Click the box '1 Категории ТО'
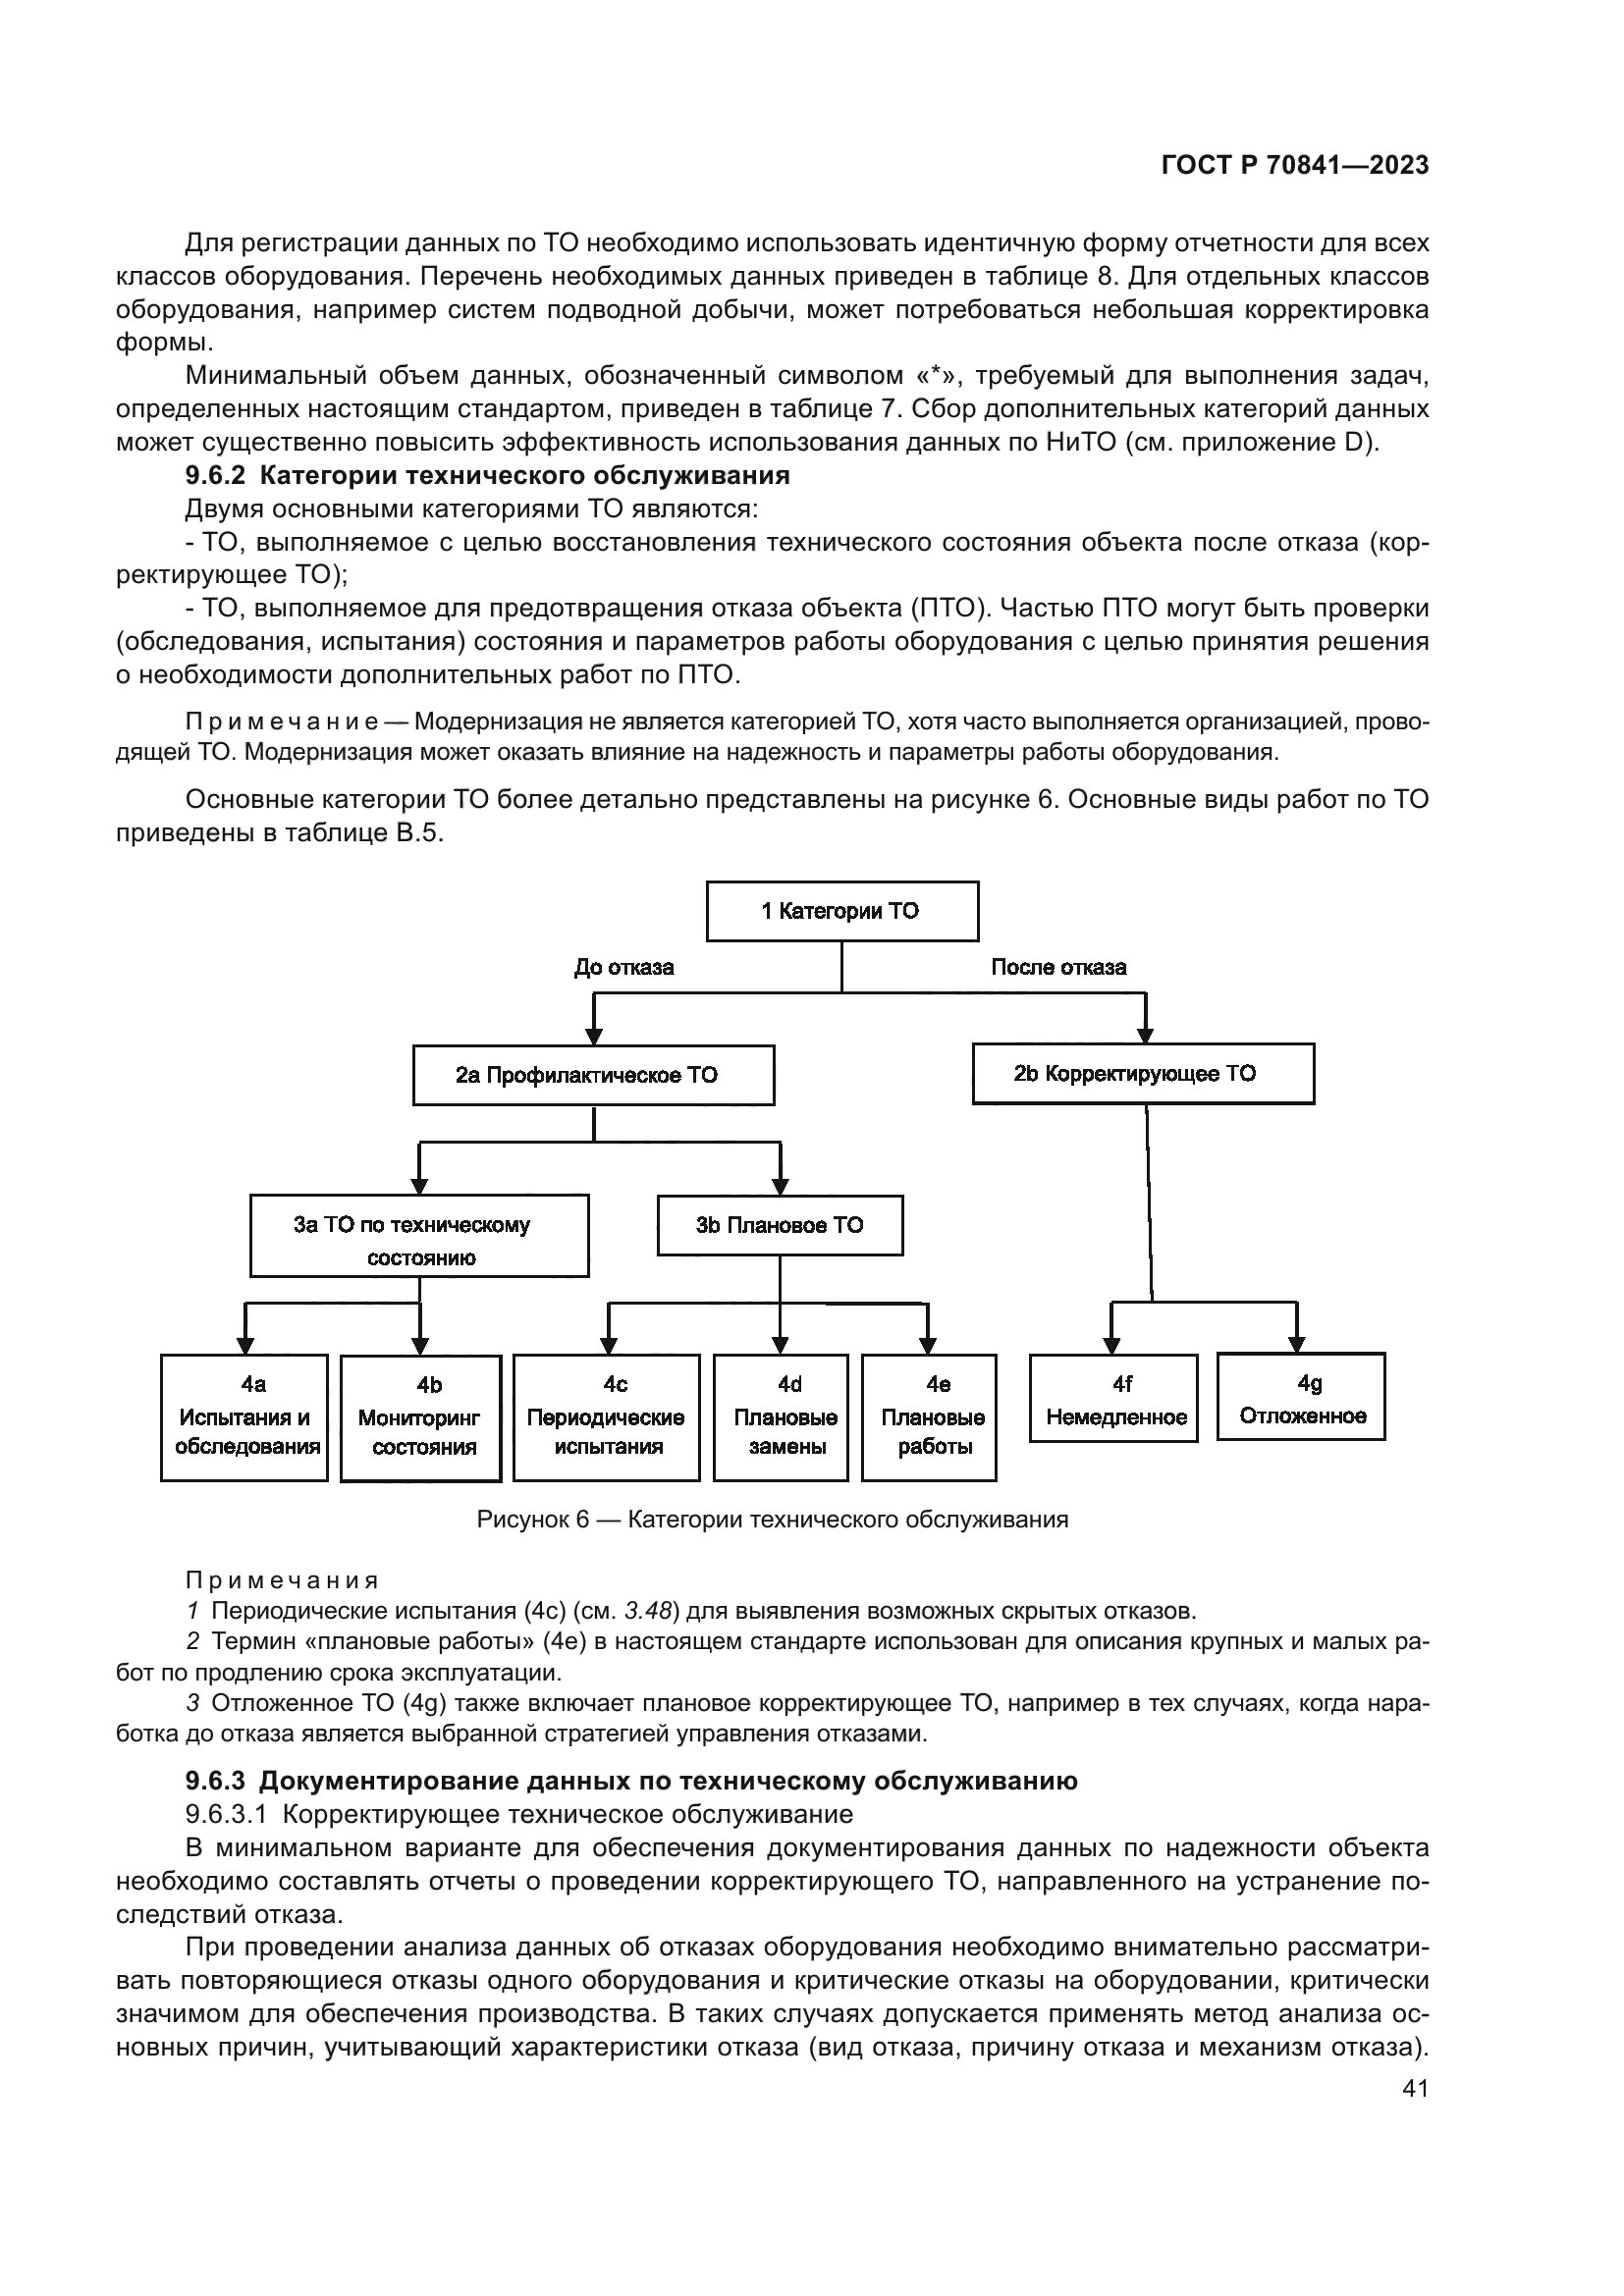[842, 911]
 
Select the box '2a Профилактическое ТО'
[593, 1075]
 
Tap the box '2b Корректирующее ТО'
[1143, 1074]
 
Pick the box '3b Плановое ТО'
[780, 1225]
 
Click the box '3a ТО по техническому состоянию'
[419, 1236]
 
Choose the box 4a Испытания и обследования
[244, 1417]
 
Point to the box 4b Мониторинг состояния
[421, 1418]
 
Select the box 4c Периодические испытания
[606, 1417]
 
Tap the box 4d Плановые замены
[781, 1417]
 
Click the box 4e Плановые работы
[929, 1417]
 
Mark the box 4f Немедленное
[1114, 1398]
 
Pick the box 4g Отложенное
[1301, 1397]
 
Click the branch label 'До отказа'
[624, 967]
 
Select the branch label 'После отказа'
[1058, 967]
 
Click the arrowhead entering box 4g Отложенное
[1296, 1343]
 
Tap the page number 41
[1415, 2116]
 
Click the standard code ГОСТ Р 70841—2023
[1295, 166]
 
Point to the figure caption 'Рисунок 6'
[532, 1520]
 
